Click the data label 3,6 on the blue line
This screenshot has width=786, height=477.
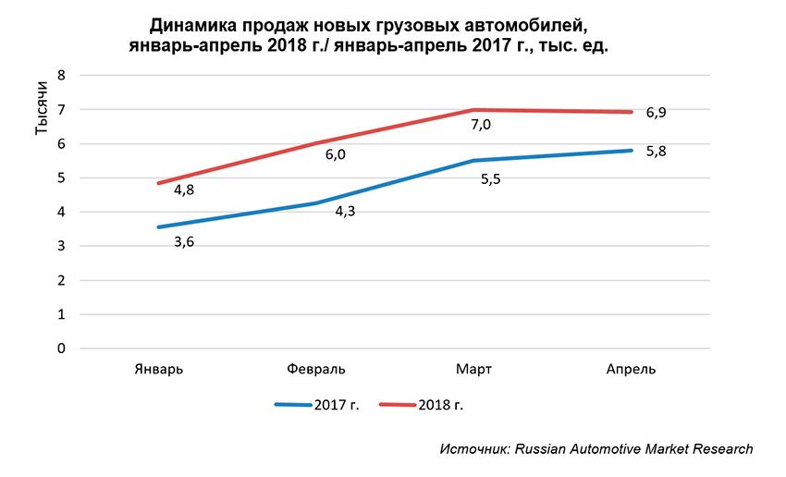[x=184, y=242]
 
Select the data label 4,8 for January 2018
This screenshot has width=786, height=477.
[x=184, y=190]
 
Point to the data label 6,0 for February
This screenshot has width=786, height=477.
[x=335, y=154]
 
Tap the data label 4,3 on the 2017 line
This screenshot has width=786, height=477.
[x=346, y=212]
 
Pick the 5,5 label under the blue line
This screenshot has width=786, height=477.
[x=490, y=178]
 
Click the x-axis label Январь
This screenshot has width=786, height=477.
[x=157, y=369]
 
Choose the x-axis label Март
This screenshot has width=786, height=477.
[x=473, y=369]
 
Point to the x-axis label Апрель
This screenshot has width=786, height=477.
[x=631, y=369]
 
